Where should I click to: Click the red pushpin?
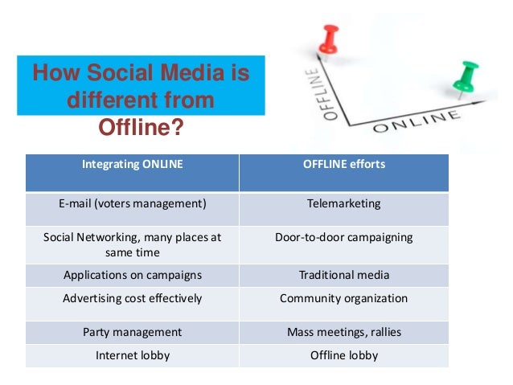coord(329,38)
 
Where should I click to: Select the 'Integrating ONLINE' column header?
coord(133,164)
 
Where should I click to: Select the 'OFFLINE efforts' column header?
coord(343,164)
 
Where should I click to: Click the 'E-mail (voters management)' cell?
coord(133,203)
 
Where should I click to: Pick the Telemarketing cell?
coord(343,203)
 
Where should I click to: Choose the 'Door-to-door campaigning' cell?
coord(343,237)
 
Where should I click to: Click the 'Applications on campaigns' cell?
coord(133,275)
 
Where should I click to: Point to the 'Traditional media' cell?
coord(343,275)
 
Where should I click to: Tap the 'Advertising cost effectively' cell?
coord(133,298)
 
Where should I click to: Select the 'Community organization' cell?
coord(343,298)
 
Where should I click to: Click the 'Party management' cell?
coord(133,332)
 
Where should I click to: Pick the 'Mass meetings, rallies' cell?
coord(343,332)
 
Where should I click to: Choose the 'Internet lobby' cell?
coord(133,354)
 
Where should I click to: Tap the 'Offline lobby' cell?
coord(343,354)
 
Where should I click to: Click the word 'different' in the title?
coord(109,102)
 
